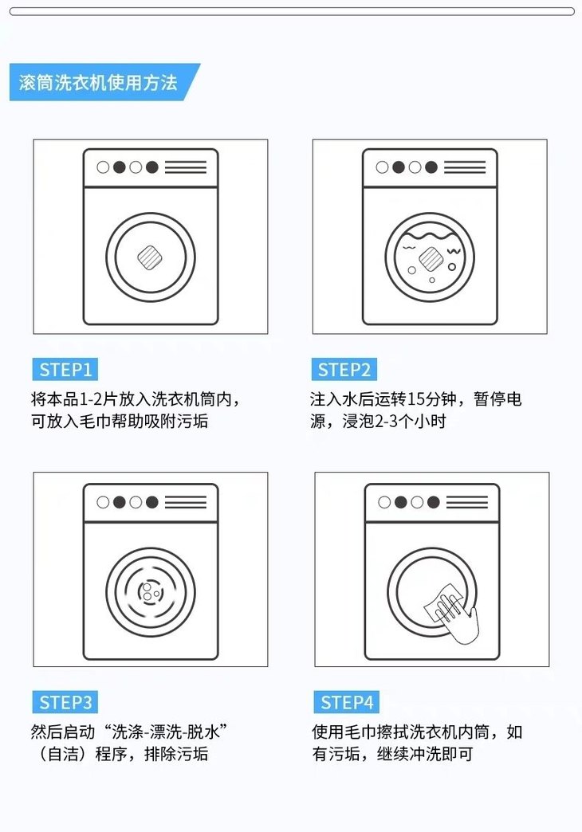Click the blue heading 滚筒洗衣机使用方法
(98, 82)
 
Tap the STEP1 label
(65, 369)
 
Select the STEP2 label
(344, 369)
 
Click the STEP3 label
(65, 703)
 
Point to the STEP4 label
(346, 703)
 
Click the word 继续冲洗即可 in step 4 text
(424, 754)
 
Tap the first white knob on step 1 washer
(103, 167)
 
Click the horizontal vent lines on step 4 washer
(466, 502)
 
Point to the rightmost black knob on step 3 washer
(151, 502)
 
